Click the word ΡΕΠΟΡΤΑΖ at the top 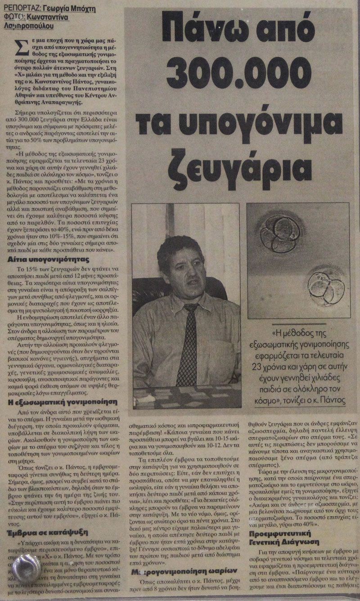pos(22,7)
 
